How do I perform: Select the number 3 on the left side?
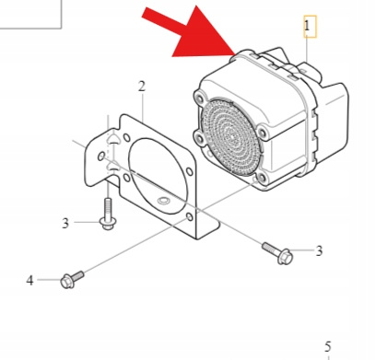(x=65, y=222)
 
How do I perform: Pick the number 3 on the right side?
(x=319, y=250)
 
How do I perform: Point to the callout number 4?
(x=29, y=280)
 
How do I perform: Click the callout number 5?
(x=327, y=346)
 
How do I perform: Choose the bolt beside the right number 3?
(x=276, y=248)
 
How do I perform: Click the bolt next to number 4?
(x=71, y=279)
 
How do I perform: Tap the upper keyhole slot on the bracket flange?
(x=112, y=139)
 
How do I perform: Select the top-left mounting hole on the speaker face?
(x=202, y=95)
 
